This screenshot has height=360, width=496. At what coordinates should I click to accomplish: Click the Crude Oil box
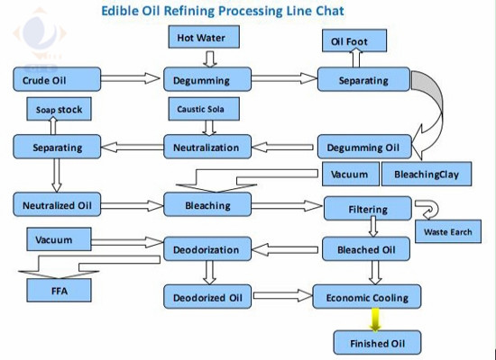[x=57, y=79]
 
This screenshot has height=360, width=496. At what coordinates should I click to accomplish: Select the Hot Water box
[x=204, y=37]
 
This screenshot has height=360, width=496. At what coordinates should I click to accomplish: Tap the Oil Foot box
[x=354, y=40]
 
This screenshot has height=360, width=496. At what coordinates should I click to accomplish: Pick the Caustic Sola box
[x=204, y=109]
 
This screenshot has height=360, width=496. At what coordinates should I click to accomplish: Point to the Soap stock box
[x=60, y=109]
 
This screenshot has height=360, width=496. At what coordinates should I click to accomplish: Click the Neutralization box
[x=207, y=147]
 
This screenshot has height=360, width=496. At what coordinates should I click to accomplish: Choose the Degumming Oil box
[x=364, y=147]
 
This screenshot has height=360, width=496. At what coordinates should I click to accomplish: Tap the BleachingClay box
[x=427, y=174]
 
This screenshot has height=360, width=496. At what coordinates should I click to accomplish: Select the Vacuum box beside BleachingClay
[x=351, y=174]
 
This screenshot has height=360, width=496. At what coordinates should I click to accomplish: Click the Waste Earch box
[x=448, y=231]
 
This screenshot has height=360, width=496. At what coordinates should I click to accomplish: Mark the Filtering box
[x=368, y=209]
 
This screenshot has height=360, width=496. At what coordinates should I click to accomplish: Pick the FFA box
[x=60, y=290]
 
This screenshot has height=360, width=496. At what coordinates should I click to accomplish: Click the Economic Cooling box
[x=367, y=297]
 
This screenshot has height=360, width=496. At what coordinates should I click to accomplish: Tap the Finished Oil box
[x=377, y=343]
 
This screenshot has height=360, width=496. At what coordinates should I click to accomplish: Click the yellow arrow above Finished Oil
[x=375, y=319]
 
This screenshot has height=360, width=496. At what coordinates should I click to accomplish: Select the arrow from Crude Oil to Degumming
[x=131, y=78]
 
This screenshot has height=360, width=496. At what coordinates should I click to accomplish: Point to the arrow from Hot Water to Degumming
[x=210, y=59]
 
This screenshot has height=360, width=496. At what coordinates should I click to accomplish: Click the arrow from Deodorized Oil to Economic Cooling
[x=283, y=296]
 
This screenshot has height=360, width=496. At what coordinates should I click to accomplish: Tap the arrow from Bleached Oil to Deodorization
[x=285, y=250]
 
